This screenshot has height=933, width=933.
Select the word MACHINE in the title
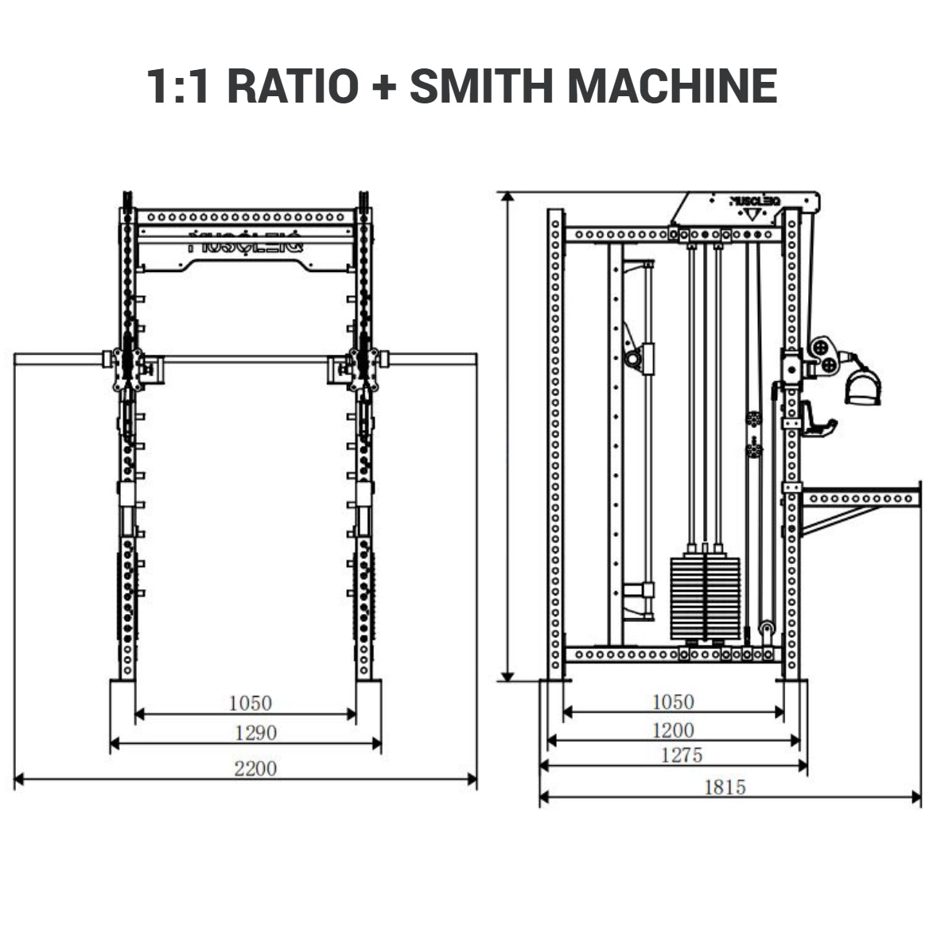[672, 86]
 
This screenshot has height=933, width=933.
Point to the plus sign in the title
[383, 87]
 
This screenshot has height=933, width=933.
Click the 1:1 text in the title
[179, 86]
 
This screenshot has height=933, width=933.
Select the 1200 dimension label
[673, 729]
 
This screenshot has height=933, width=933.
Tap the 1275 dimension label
[682, 755]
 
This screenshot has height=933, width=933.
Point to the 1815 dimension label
[725, 787]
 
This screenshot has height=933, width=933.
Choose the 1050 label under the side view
[673, 702]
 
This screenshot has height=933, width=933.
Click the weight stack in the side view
[705, 596]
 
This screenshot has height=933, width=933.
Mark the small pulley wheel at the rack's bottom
[768, 629]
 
